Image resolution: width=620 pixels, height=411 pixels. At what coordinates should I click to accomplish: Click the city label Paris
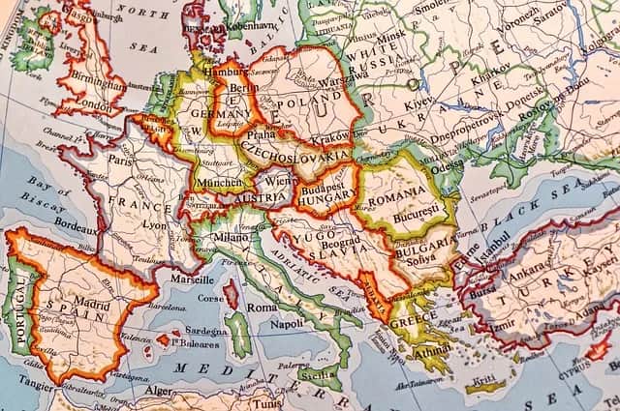(120, 161)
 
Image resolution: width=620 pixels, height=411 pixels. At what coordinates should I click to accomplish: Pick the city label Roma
(262, 307)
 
